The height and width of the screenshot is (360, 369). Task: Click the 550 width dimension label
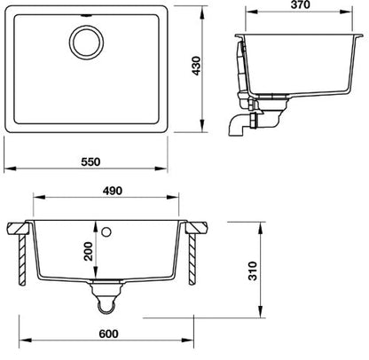pyautogui.click(x=91, y=161)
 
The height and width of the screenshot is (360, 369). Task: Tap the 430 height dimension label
pyautogui.click(x=197, y=66)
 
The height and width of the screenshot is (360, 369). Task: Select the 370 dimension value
pyautogui.click(x=300, y=4)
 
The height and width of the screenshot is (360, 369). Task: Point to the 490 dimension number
pyautogui.click(x=113, y=191)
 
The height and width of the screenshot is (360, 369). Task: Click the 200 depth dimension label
pyautogui.click(x=88, y=251)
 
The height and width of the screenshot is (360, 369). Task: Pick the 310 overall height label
pyautogui.click(x=253, y=270)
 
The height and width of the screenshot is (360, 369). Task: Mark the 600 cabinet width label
pyautogui.click(x=108, y=333)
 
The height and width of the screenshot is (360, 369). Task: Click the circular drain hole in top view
pyautogui.click(x=86, y=42)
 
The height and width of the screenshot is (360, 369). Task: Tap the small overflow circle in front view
pyautogui.click(x=106, y=231)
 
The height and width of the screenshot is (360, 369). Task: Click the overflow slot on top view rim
pyautogui.click(x=86, y=15)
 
